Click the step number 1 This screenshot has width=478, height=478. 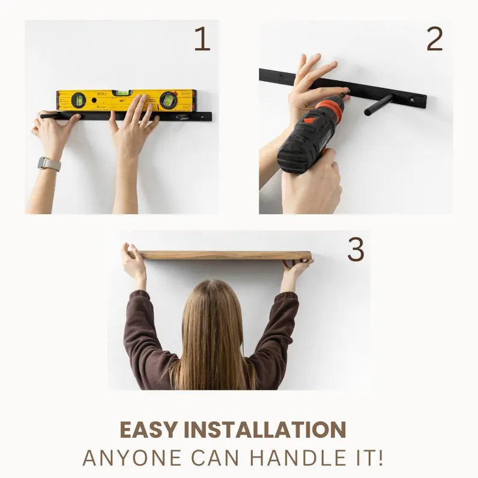[202, 39]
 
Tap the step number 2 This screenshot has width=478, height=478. [435, 39]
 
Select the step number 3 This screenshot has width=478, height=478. [356, 249]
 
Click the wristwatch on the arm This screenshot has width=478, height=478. [49, 164]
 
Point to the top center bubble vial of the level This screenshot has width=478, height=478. [122, 93]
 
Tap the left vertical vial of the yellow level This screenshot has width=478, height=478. [79, 100]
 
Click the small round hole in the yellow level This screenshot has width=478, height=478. [94, 100]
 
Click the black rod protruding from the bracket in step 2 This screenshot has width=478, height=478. [378, 105]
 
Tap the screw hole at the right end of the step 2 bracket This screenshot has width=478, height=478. [412, 99]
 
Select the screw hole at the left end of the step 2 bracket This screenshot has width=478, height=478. [282, 75]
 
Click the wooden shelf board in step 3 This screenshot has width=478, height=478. [225, 255]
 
